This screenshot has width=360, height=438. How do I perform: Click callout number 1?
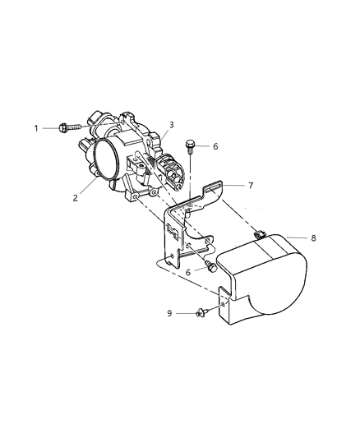click(35, 127)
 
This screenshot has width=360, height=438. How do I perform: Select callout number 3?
click(171, 125)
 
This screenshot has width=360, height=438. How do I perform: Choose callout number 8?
click(312, 238)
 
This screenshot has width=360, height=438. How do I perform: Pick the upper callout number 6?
click(215, 147)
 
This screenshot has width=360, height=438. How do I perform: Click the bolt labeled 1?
click(69, 127)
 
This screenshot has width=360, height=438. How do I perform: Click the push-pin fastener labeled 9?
click(201, 311)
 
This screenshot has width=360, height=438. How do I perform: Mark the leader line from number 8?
click(294, 238)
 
